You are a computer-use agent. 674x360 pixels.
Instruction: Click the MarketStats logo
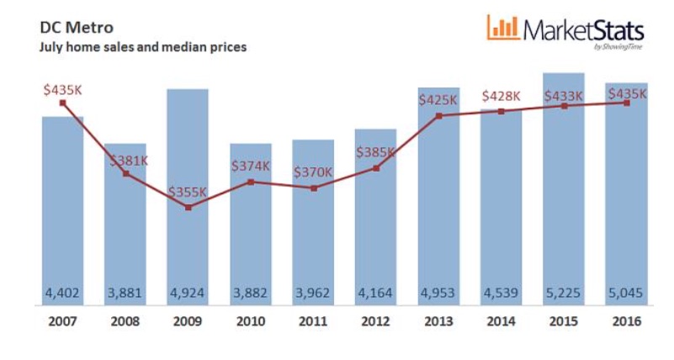pos(565,31)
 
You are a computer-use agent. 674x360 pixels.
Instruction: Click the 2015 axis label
pos(563,322)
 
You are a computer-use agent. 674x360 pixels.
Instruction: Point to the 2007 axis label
pos(63,322)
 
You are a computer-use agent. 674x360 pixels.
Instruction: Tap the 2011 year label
pos(313,322)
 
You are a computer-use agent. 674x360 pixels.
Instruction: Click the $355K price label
pos(188,192)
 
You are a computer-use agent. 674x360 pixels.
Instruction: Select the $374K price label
pos(251,166)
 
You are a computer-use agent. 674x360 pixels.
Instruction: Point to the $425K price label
pos(438,100)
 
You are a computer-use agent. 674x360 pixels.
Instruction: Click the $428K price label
pos(501,97)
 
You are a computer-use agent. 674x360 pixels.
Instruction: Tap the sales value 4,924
pos(188,295)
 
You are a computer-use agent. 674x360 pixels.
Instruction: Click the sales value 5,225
pos(563,295)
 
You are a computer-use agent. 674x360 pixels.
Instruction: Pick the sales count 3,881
pos(125,295)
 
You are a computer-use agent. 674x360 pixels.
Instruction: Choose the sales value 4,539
pos(501,295)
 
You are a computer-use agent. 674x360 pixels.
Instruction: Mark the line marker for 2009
pos(188,207)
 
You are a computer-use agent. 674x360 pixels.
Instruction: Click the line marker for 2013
pos(438,115)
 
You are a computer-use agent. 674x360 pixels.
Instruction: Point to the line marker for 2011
pos(313,188)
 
